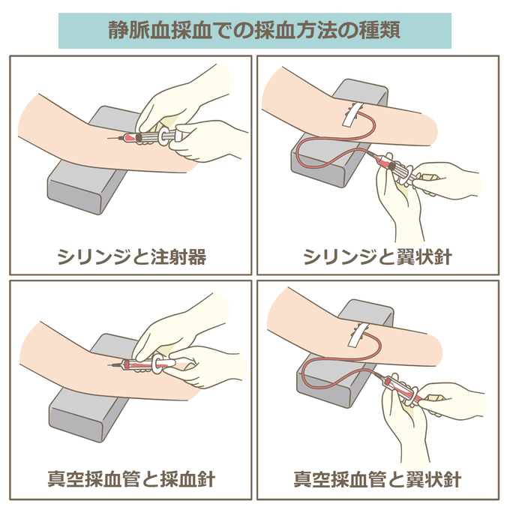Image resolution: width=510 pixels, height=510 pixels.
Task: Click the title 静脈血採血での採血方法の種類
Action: (254, 30)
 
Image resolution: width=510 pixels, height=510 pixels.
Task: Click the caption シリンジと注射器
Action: (132, 256)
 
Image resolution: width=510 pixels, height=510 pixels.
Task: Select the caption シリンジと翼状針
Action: (377, 256)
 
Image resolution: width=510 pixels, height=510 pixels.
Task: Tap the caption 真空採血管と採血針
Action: (131, 479)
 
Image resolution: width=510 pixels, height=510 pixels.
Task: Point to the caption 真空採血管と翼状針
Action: (377, 479)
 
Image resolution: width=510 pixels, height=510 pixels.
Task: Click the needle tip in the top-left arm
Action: (108, 138)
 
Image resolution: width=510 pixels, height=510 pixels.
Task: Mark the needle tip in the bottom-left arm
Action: (108, 364)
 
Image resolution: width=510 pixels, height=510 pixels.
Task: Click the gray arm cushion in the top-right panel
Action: (325, 163)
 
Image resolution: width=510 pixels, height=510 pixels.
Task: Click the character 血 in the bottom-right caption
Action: (359, 479)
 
